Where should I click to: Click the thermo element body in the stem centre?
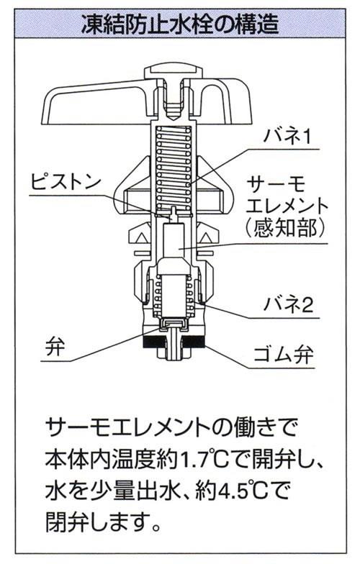[x=174, y=245]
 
